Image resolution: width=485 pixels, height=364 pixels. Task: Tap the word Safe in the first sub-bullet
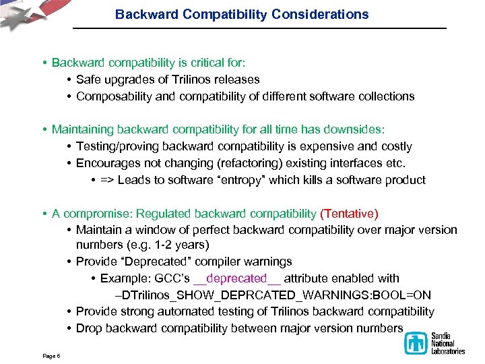tap(89, 80)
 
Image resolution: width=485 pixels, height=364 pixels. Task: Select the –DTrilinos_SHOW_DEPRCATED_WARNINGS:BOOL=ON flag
tap(273, 295)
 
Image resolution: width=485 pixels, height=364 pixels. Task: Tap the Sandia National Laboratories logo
tap(434, 342)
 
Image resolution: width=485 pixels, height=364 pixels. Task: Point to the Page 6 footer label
tap(50, 355)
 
